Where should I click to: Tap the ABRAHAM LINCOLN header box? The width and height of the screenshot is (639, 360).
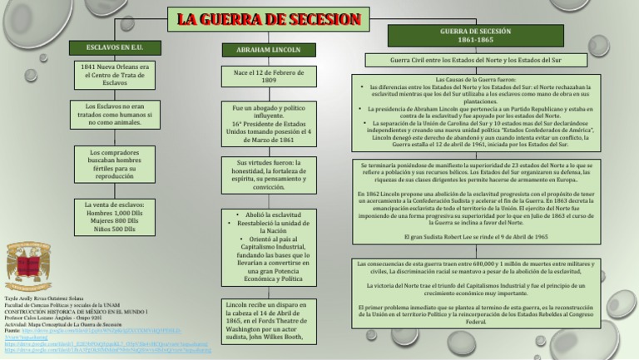(x=262, y=50)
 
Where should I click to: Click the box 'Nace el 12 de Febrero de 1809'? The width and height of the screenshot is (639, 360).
(x=262, y=76)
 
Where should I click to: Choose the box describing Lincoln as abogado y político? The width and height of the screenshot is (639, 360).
(x=262, y=123)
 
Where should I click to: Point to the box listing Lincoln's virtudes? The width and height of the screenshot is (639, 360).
(x=262, y=175)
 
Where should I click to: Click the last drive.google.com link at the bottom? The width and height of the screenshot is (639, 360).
(x=108, y=352)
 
